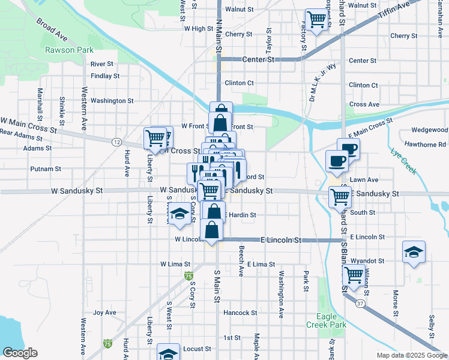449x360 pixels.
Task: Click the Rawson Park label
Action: pos(69,50)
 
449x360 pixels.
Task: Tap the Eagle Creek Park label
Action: pos(332,320)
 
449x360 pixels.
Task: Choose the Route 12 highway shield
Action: pos(116,142)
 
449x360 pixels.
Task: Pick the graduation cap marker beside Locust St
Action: pos(169,353)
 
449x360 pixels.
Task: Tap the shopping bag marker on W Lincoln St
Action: pos(212,230)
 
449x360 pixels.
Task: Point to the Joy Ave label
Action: pos(104,313)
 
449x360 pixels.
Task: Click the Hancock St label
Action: pos(240,313)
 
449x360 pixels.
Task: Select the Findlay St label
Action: pos(106,76)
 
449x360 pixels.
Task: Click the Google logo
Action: pos(20,353)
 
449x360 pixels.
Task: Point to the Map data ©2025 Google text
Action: pos(412,355)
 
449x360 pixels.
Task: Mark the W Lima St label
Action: pos(175,264)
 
